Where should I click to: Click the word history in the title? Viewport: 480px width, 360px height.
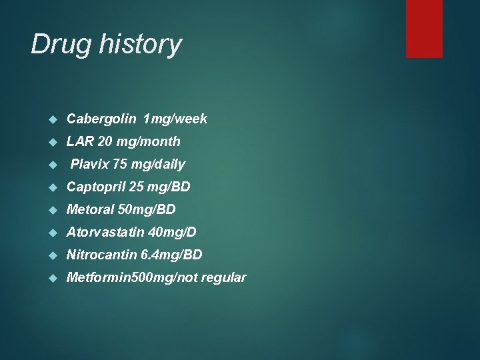pyautogui.click(x=141, y=45)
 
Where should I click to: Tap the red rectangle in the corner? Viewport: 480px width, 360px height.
pyautogui.click(x=424, y=29)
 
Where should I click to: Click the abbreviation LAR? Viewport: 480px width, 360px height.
pyautogui.click(x=79, y=141)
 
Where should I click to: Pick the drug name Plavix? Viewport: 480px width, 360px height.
pyautogui.click(x=90, y=164)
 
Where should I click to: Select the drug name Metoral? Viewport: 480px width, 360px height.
pyautogui.click(x=90, y=209)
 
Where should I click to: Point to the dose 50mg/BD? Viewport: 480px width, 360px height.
pyautogui.click(x=147, y=209)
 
